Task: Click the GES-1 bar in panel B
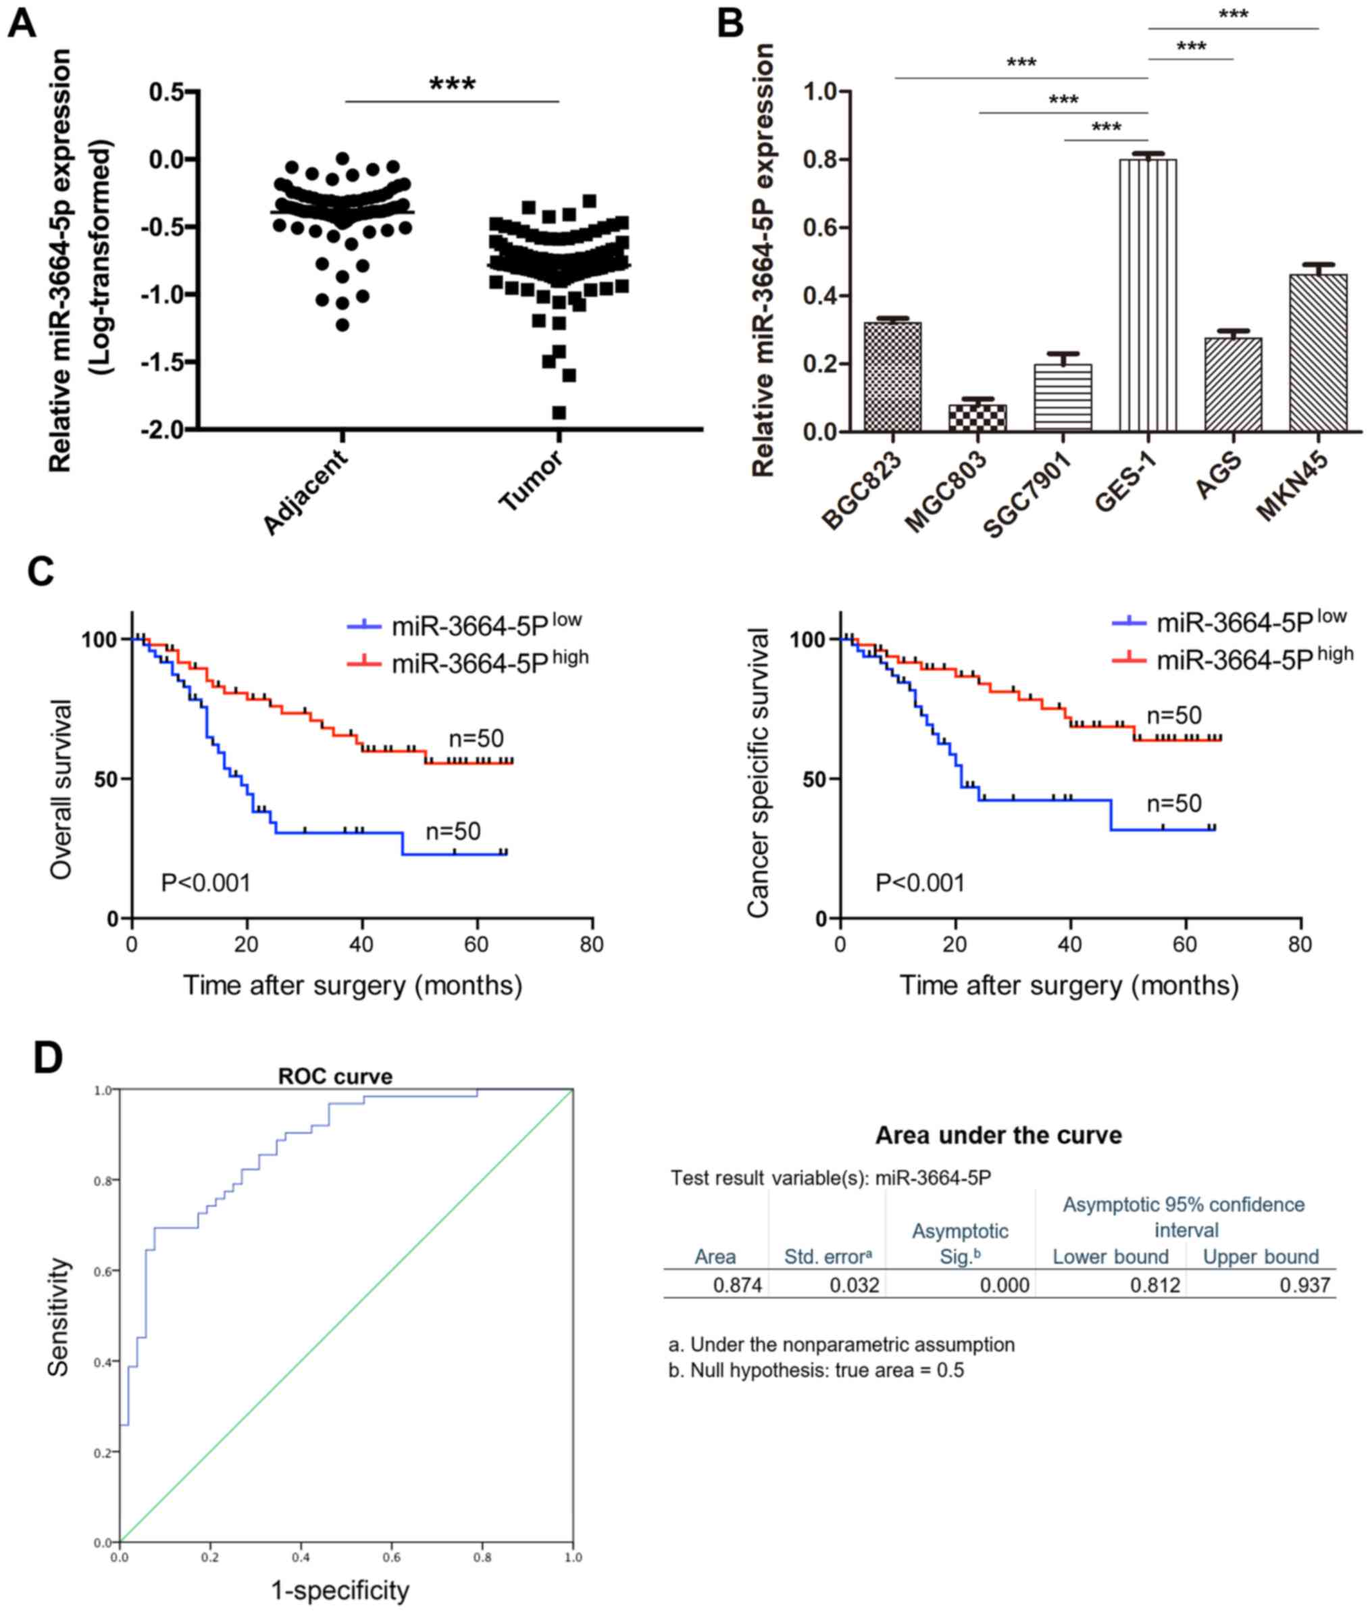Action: pos(1147,296)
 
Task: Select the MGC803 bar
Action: pos(977,418)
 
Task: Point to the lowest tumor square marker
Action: pos(559,412)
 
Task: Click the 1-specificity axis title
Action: pos(340,1590)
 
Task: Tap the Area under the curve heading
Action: pos(998,1136)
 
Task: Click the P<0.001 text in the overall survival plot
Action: pos(205,883)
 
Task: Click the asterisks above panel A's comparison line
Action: pos(452,84)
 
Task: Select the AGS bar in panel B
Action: pos(1233,384)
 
